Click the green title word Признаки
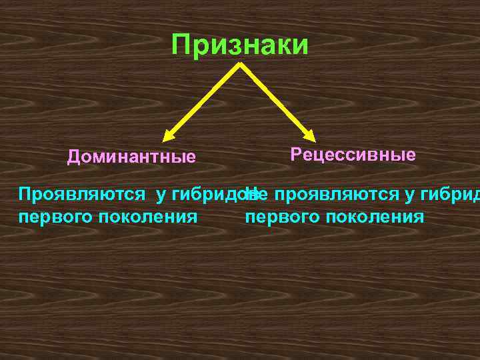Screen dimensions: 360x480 pyautogui.click(x=240, y=45)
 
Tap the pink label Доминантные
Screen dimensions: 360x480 pyautogui.click(x=131, y=157)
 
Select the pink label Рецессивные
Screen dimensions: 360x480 pyautogui.click(x=353, y=155)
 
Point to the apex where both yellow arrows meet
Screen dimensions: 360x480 pyautogui.click(x=239, y=64)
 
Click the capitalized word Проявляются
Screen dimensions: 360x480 pyautogui.click(x=83, y=195)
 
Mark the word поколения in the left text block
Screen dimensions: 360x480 pyautogui.click(x=147, y=217)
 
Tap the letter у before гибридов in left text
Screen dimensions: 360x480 pyautogui.click(x=161, y=195)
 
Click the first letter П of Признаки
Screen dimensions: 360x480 pyautogui.click(x=180, y=45)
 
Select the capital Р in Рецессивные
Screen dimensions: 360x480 pyautogui.click(x=295, y=155)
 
